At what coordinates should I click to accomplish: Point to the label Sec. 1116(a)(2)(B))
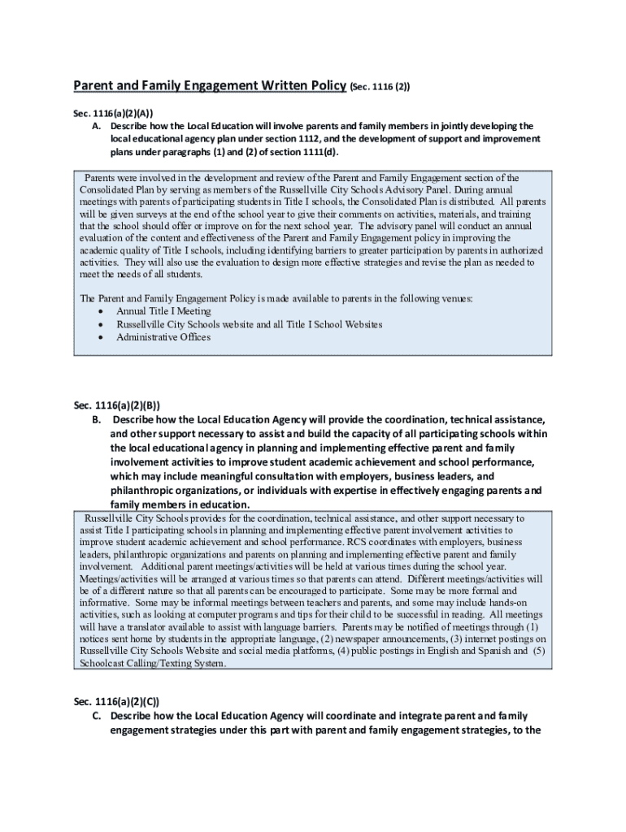(116, 405)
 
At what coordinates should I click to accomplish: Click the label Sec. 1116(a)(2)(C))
(116, 701)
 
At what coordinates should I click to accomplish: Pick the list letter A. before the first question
(96, 127)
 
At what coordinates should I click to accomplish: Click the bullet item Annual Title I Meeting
(163, 311)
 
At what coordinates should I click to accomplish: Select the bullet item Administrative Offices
(163, 337)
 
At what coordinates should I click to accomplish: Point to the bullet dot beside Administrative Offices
(100, 337)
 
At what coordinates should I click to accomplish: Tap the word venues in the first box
(450, 298)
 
